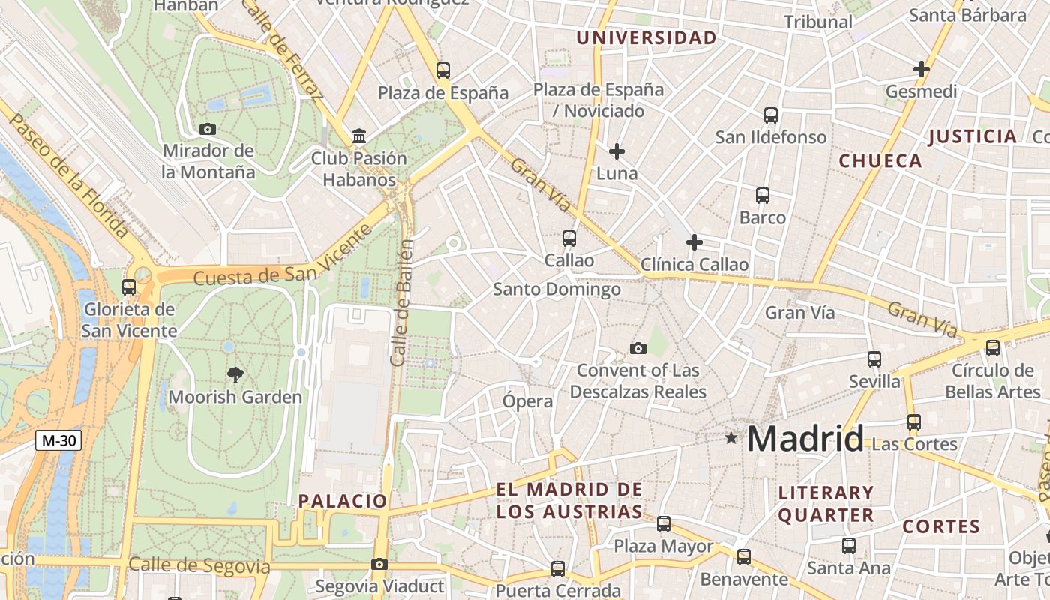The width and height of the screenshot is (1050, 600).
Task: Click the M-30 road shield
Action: tap(58, 440)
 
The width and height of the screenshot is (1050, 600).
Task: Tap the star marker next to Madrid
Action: tap(731, 437)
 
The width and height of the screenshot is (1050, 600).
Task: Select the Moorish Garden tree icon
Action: tap(235, 375)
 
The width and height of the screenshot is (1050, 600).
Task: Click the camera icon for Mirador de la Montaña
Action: tap(208, 129)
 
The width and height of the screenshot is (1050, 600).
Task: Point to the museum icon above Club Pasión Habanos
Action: tap(359, 136)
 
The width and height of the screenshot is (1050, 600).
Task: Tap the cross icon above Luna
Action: tap(616, 151)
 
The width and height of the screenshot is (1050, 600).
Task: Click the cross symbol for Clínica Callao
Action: tap(694, 242)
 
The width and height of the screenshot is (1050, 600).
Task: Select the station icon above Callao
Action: tap(569, 238)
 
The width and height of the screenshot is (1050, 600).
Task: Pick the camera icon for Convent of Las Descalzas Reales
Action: tap(638, 348)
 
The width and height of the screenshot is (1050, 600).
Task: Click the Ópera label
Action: tap(528, 401)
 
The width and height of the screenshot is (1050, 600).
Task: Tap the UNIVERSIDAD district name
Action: tap(646, 37)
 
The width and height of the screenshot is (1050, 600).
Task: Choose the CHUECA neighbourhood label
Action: tap(880, 161)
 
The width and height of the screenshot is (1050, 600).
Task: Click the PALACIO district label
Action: tap(343, 501)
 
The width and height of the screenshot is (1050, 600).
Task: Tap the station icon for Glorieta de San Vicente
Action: tap(129, 286)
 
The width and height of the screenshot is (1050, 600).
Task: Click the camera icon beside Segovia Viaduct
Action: tap(379, 564)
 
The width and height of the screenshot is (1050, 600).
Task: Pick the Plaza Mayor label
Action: tap(663, 547)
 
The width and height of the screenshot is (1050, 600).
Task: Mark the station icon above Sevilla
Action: tap(874, 358)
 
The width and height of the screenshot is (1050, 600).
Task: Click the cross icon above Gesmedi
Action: tap(922, 70)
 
